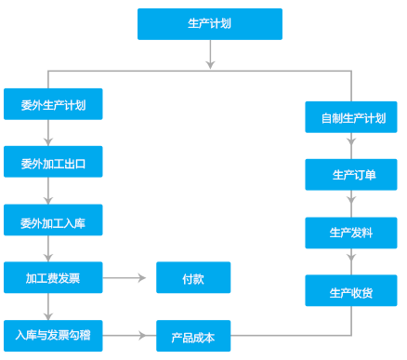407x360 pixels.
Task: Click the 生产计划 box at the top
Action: (x=209, y=24)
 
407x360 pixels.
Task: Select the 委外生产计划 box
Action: (x=53, y=104)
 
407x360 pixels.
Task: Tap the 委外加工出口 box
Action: (x=53, y=162)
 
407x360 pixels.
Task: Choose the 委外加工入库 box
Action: (x=53, y=220)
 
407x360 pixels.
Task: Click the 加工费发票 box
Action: (x=53, y=277)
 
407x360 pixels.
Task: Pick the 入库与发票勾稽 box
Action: (x=53, y=334)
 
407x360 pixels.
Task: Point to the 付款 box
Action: (x=193, y=277)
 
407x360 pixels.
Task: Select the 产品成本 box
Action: (x=193, y=336)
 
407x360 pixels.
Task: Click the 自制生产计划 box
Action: (x=351, y=117)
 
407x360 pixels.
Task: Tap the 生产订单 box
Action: (x=351, y=174)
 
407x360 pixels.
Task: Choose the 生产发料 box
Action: (x=351, y=233)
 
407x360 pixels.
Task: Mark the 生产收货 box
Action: (x=351, y=291)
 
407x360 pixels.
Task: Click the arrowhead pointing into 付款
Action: (x=142, y=277)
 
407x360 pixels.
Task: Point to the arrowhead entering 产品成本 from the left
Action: (x=142, y=335)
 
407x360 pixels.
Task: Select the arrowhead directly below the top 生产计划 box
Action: (x=210, y=64)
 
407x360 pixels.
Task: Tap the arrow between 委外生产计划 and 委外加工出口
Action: (x=47, y=133)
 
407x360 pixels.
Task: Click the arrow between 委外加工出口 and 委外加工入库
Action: (x=47, y=193)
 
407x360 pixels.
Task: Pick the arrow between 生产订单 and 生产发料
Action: (x=351, y=204)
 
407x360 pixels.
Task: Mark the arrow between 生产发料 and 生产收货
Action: (x=351, y=261)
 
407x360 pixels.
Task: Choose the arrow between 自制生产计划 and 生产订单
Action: (x=351, y=146)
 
